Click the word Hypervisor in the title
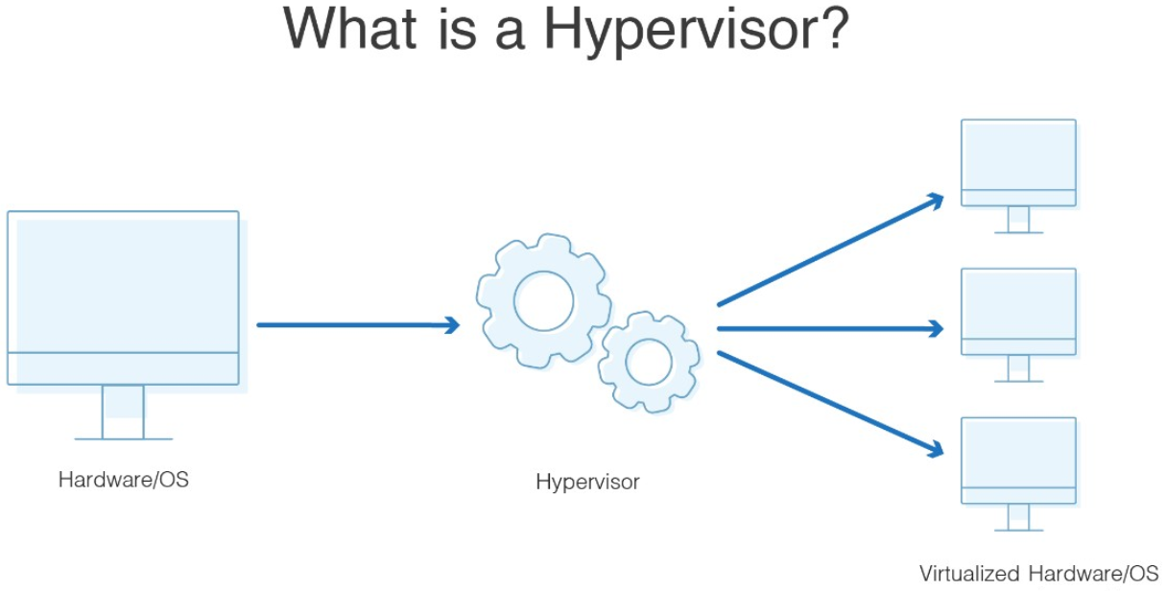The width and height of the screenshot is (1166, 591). tap(678, 32)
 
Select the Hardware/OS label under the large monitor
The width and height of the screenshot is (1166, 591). tap(124, 480)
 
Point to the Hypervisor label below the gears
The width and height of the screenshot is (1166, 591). tap(587, 483)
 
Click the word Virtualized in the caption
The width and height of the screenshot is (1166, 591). tap(969, 574)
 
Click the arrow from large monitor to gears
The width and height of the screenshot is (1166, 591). tap(358, 325)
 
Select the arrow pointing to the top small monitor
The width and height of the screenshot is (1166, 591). tap(831, 249)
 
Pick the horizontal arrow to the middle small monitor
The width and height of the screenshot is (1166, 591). tap(830, 329)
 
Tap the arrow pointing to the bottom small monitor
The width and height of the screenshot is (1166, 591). tap(831, 405)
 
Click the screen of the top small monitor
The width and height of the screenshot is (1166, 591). tap(1018, 155)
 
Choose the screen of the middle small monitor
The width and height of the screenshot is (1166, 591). tap(1018, 304)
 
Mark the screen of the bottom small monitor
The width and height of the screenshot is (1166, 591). tap(1018, 453)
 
